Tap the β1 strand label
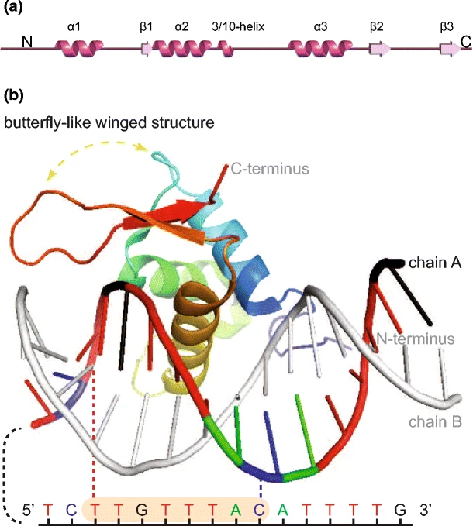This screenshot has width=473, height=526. [146, 26]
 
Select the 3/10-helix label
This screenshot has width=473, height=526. [240, 26]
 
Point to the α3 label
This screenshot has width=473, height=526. [321, 26]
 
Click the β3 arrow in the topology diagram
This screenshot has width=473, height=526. [449, 50]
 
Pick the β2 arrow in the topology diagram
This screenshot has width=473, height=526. [379, 50]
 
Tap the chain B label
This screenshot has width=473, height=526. [437, 421]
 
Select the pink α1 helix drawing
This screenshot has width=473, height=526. [76, 50]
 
